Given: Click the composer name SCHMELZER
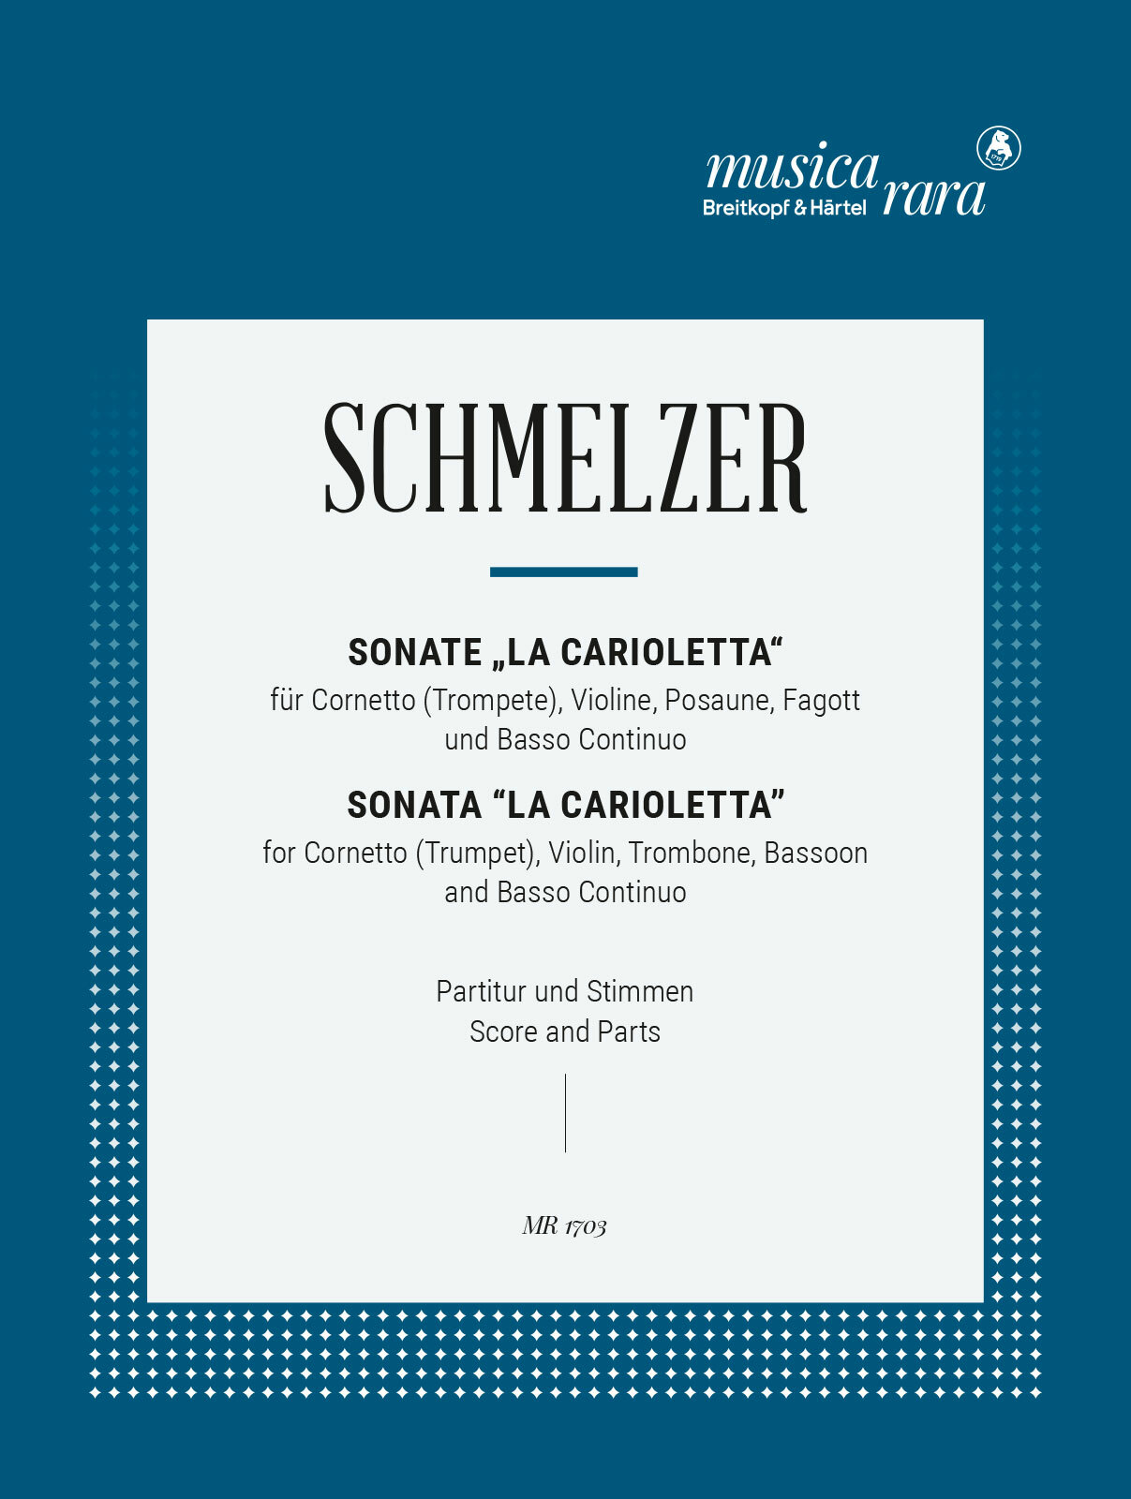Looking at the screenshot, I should click(x=565, y=458).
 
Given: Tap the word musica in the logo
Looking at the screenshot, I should click(x=792, y=168).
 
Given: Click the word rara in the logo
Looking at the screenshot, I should click(x=933, y=196).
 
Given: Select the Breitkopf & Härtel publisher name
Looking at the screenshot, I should click(x=784, y=208).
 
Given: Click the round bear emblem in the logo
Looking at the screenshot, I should click(x=999, y=148).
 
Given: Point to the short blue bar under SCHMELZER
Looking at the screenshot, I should click(x=564, y=571).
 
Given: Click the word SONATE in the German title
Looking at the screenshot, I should click(x=415, y=652).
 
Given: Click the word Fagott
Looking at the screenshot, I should click(x=822, y=700).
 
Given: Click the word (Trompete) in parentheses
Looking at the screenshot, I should click(x=490, y=700).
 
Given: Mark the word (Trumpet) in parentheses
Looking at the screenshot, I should click(x=477, y=853).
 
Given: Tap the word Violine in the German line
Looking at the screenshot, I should click(x=611, y=700).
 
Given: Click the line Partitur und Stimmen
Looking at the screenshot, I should click(x=565, y=991).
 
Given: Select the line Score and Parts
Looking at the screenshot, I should click(x=565, y=1031).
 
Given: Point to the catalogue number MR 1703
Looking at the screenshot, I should click(x=565, y=1225).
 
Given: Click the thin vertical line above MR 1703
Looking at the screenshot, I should click(x=565, y=1113).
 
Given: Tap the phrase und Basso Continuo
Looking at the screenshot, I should click(x=565, y=739).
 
